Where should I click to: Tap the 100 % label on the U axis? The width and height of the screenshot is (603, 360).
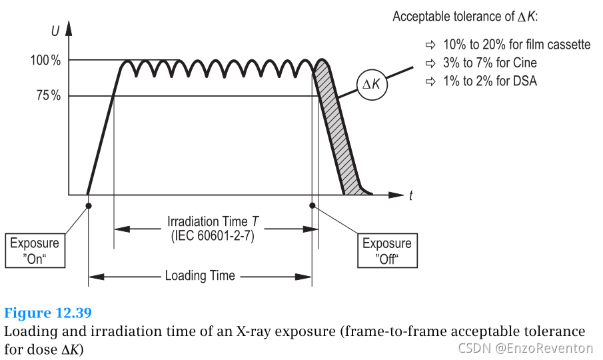45,61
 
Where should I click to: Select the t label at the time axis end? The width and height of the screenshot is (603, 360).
411,195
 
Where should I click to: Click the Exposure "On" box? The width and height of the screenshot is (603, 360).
35,251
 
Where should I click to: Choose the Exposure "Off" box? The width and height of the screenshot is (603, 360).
386,251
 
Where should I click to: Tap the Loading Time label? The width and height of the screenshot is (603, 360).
200,275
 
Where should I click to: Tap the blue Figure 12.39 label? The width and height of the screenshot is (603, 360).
48,313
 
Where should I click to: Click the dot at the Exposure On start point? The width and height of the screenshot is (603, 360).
89,205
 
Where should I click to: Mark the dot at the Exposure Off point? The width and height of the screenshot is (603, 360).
312,205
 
